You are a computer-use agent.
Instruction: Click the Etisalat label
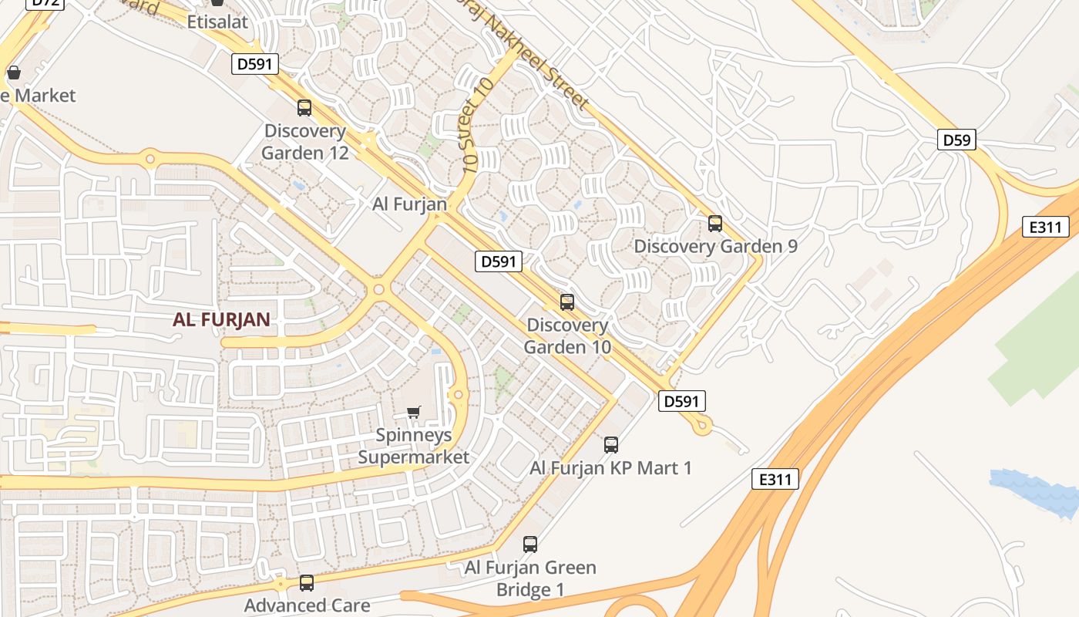click(x=218, y=22)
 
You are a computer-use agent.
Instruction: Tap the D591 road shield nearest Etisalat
click(x=254, y=64)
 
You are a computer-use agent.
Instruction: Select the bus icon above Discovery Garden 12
click(x=304, y=108)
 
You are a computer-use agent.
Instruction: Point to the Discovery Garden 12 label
click(x=305, y=142)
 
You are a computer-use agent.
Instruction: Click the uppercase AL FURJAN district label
click(x=221, y=320)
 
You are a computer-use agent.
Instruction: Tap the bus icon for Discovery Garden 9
click(x=715, y=224)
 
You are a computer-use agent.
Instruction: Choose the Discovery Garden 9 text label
click(x=715, y=247)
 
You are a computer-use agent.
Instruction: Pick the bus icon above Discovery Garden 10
click(x=567, y=302)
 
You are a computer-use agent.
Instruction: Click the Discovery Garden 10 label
click(x=567, y=336)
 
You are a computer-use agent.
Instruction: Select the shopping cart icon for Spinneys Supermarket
click(x=414, y=412)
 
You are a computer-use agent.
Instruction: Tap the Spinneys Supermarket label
click(x=414, y=446)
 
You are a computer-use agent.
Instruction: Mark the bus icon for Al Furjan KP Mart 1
click(x=611, y=444)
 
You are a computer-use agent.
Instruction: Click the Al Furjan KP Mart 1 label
click(x=611, y=468)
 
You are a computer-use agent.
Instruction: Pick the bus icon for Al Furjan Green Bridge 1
click(x=530, y=545)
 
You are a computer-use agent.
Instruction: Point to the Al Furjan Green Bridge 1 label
click(x=530, y=578)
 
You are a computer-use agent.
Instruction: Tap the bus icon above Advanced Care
click(x=307, y=583)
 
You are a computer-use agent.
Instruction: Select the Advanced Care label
click(x=307, y=605)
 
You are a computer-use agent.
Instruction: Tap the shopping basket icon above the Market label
click(x=13, y=73)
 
